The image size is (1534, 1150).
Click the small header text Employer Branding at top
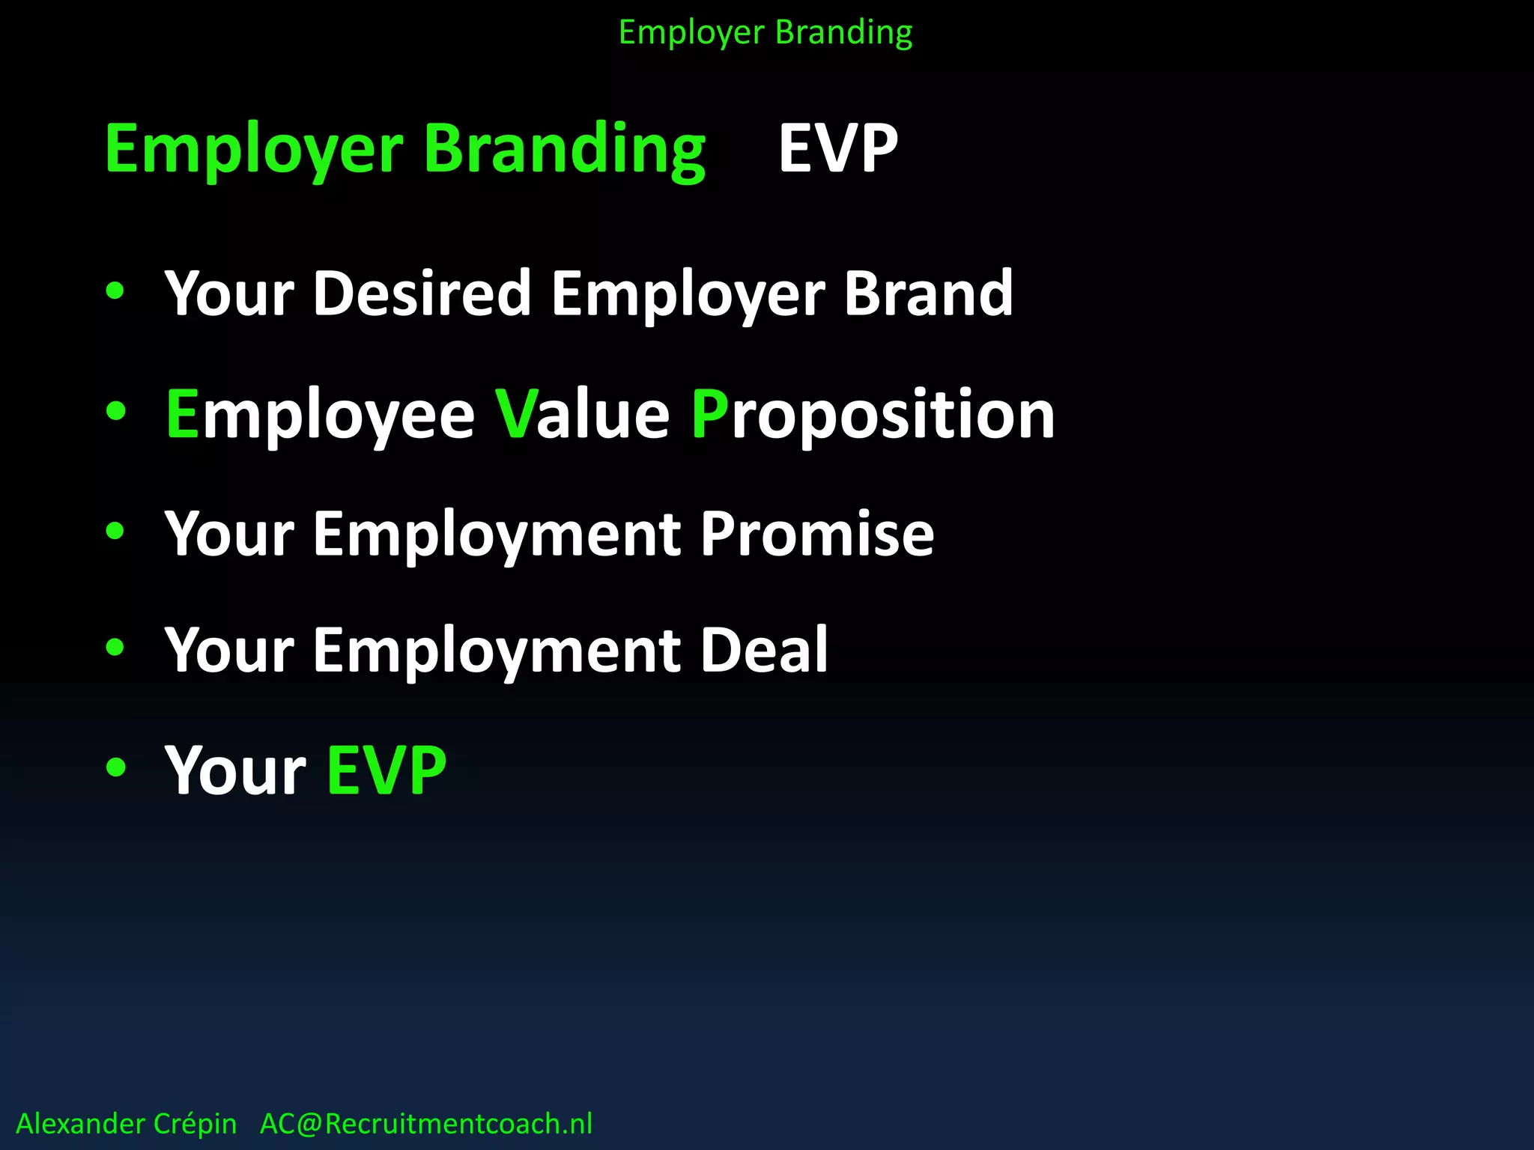click(766, 33)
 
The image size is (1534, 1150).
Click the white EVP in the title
click(838, 148)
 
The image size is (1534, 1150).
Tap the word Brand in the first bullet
click(929, 293)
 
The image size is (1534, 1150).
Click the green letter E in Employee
click(182, 414)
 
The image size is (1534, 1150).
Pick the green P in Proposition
click(709, 414)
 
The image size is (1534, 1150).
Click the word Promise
click(817, 534)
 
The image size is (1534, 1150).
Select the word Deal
click(764, 650)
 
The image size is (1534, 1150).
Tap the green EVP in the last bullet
click(386, 770)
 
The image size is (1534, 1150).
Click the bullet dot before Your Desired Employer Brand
click(115, 290)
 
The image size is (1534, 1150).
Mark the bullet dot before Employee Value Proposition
click(115, 410)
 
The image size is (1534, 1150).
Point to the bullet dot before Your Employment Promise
click(115, 531)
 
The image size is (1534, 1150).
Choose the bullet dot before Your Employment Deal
click(115, 647)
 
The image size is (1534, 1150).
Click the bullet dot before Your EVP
click(115, 767)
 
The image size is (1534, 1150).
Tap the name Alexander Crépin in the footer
click(127, 1124)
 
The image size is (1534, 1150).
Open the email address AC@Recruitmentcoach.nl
click(426, 1124)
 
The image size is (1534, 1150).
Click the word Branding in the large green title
click(565, 148)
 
